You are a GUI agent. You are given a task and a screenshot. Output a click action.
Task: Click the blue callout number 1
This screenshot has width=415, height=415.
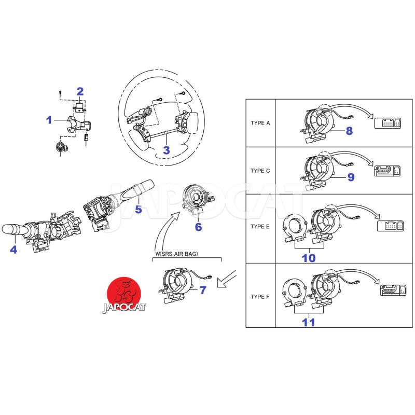pyautogui.click(x=49, y=120)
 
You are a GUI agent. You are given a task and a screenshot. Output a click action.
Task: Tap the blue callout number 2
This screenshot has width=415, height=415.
pyautogui.click(x=80, y=92)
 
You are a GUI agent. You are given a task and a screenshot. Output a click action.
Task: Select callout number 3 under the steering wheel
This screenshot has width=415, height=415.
pyautogui.click(x=166, y=150)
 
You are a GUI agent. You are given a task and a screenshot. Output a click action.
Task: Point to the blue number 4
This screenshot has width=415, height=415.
pyautogui.click(x=13, y=250)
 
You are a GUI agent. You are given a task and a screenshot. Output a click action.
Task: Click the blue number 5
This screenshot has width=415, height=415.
pyautogui.click(x=139, y=210)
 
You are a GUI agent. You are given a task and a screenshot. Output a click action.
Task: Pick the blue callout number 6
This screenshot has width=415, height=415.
pyautogui.click(x=198, y=227)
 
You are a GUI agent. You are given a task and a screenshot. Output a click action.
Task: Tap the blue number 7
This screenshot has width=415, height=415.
pyautogui.click(x=203, y=290)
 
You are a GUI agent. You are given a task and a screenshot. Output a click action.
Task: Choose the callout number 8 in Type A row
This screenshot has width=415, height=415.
pyautogui.click(x=349, y=131)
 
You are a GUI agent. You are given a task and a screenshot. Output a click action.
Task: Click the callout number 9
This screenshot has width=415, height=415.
pyautogui.click(x=351, y=177)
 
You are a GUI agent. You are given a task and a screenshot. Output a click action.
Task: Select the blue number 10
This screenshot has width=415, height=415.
pyautogui.click(x=309, y=258)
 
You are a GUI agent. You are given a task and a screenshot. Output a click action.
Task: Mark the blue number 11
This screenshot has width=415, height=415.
pyautogui.click(x=309, y=322)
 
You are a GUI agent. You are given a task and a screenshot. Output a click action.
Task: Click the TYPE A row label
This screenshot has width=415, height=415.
pyautogui.click(x=260, y=123)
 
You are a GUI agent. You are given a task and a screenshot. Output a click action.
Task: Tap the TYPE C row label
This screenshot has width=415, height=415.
pyautogui.click(x=260, y=171)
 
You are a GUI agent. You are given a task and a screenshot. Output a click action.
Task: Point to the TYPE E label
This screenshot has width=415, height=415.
pyautogui.click(x=260, y=227)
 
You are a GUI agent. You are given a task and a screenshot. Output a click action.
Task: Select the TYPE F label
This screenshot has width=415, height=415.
pyautogui.click(x=260, y=297)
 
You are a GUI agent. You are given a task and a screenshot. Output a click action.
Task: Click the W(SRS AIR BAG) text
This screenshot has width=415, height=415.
pyautogui.click(x=176, y=254)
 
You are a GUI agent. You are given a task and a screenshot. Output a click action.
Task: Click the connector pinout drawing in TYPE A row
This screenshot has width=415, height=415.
pyautogui.click(x=388, y=123)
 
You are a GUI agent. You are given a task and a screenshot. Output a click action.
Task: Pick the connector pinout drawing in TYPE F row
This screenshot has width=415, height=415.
pyautogui.click(x=393, y=290)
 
